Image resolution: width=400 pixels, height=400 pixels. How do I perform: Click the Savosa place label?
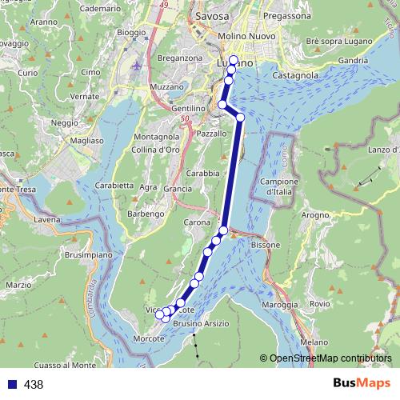(x=211, y=16)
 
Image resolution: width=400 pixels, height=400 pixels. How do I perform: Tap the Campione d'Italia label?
(x=275, y=186)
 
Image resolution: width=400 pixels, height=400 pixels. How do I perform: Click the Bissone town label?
(x=266, y=244)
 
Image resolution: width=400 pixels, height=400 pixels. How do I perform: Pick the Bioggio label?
(x=131, y=33)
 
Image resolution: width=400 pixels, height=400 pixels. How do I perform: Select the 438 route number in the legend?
(x=34, y=385)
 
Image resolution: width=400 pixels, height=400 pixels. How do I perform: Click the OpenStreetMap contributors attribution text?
(x=330, y=358)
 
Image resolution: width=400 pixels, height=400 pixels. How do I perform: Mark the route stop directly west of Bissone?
(x=223, y=231)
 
